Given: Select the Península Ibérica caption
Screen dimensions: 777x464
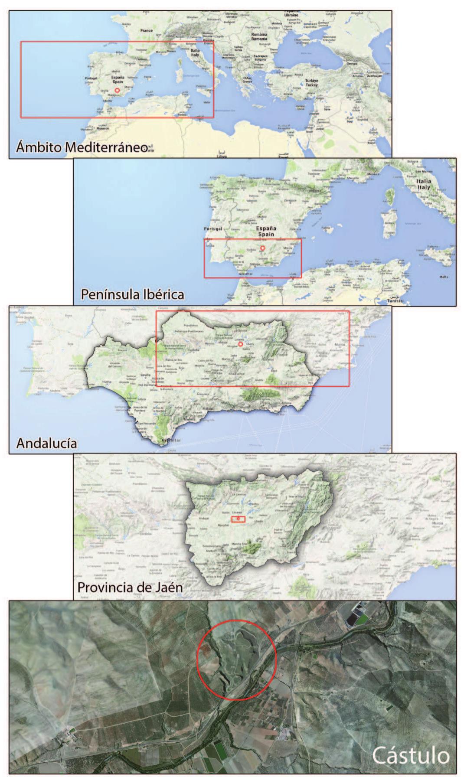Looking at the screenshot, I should pyautogui.click(x=132, y=294).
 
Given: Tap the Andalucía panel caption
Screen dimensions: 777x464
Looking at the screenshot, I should pyautogui.click(x=47, y=443).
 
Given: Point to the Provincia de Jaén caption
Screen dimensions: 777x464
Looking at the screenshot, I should pyautogui.click(x=130, y=587).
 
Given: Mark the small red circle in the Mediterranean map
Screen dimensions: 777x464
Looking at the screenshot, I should pyautogui.click(x=117, y=90).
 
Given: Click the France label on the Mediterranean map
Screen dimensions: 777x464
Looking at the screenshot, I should pyautogui.click(x=147, y=31).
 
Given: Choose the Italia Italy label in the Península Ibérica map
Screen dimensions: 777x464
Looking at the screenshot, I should pyautogui.click(x=424, y=184).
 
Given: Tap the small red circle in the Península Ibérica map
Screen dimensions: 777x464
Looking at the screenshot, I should pyautogui.click(x=262, y=248).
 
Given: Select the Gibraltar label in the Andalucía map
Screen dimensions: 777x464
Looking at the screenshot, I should pyautogui.click(x=169, y=441).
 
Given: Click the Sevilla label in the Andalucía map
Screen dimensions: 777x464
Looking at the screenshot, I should pyautogui.click(x=145, y=375).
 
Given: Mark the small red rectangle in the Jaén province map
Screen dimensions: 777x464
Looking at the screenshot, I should pyautogui.click(x=238, y=519).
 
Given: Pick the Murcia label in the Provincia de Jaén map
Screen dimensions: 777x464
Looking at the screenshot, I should pyautogui.click(x=436, y=523).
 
